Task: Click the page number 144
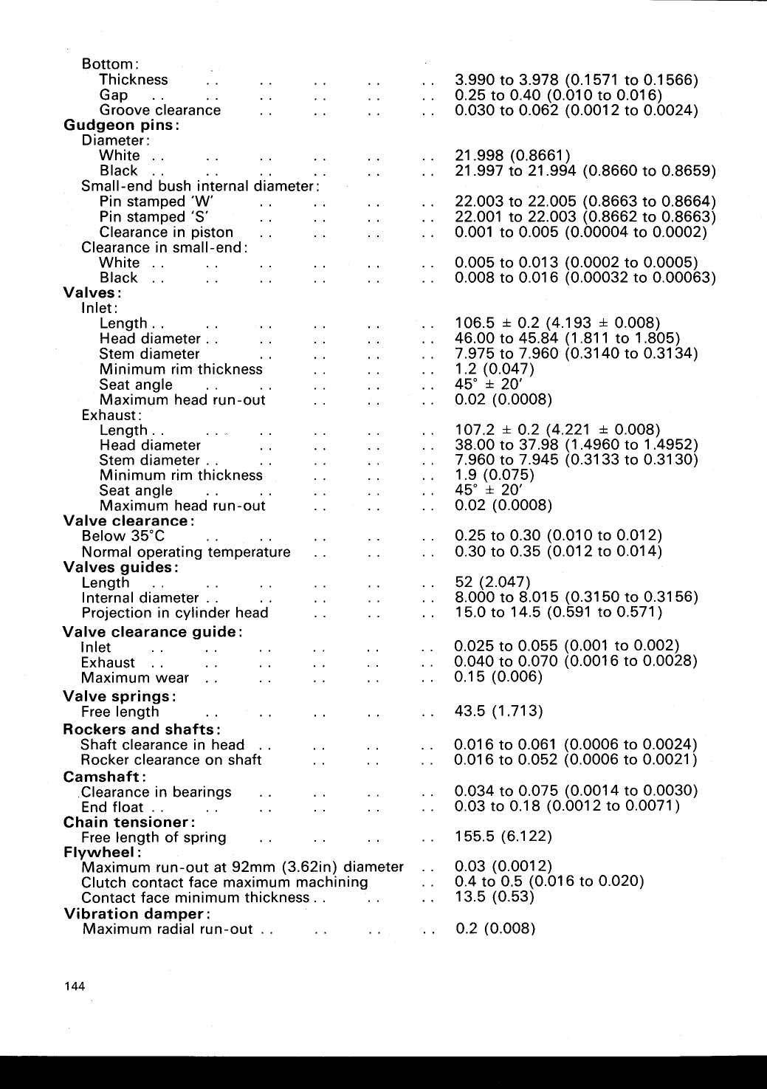[75, 986]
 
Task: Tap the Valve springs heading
[120, 696]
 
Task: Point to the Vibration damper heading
[134, 913]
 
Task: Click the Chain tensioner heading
[129, 822]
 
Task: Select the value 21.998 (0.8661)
[512, 155]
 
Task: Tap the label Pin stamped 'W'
[156, 202]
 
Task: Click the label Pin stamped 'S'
[154, 217]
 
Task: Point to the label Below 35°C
[123, 536]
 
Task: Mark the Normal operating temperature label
[186, 552]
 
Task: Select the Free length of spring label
[154, 837]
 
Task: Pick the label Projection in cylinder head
[175, 613]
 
